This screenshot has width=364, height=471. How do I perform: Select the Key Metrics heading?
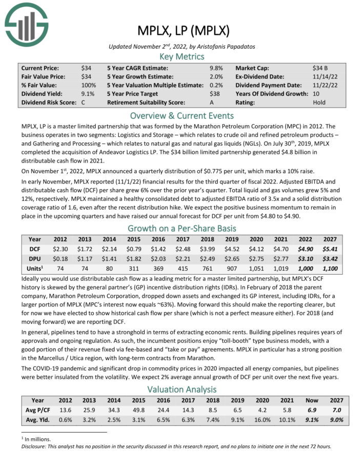coord(181,56)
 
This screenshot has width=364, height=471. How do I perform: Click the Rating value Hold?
coord(319,102)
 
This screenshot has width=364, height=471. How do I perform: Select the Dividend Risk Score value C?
coord(83,102)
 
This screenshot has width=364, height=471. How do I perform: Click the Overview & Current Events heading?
coord(181,115)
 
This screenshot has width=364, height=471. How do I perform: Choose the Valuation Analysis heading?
coord(181,390)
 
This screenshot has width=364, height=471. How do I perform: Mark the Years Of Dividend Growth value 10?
coord(316,93)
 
